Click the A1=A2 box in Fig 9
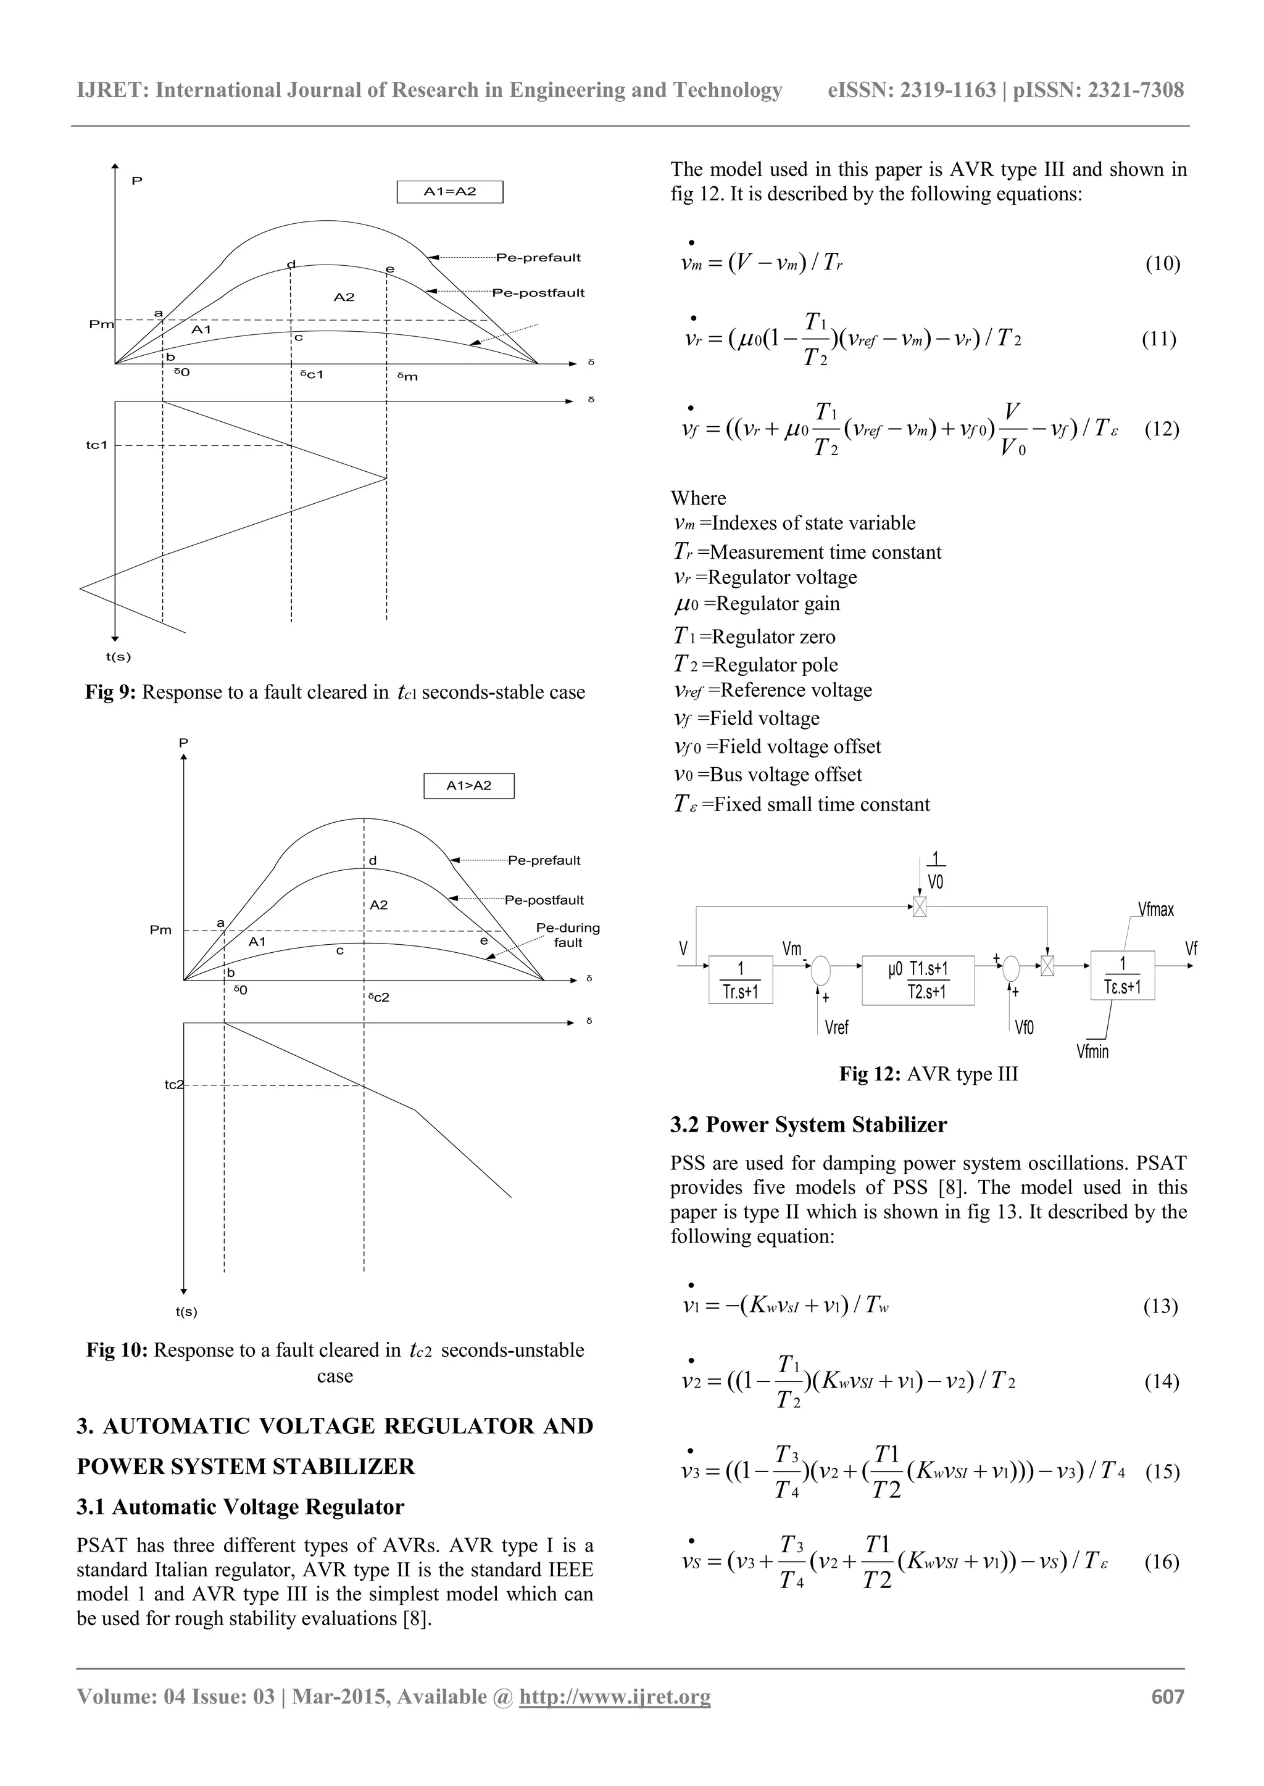click(450, 191)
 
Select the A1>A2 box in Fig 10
click(468, 786)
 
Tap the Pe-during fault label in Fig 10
click(567, 935)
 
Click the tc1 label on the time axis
click(96, 445)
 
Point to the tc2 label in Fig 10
click(173, 1084)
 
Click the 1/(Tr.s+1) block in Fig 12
click(740, 979)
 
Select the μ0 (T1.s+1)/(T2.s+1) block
click(918, 979)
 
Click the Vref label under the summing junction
click(837, 1027)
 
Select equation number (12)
click(1162, 429)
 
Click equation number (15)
click(1162, 1471)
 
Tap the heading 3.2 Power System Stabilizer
click(809, 1125)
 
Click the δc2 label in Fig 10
click(378, 997)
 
